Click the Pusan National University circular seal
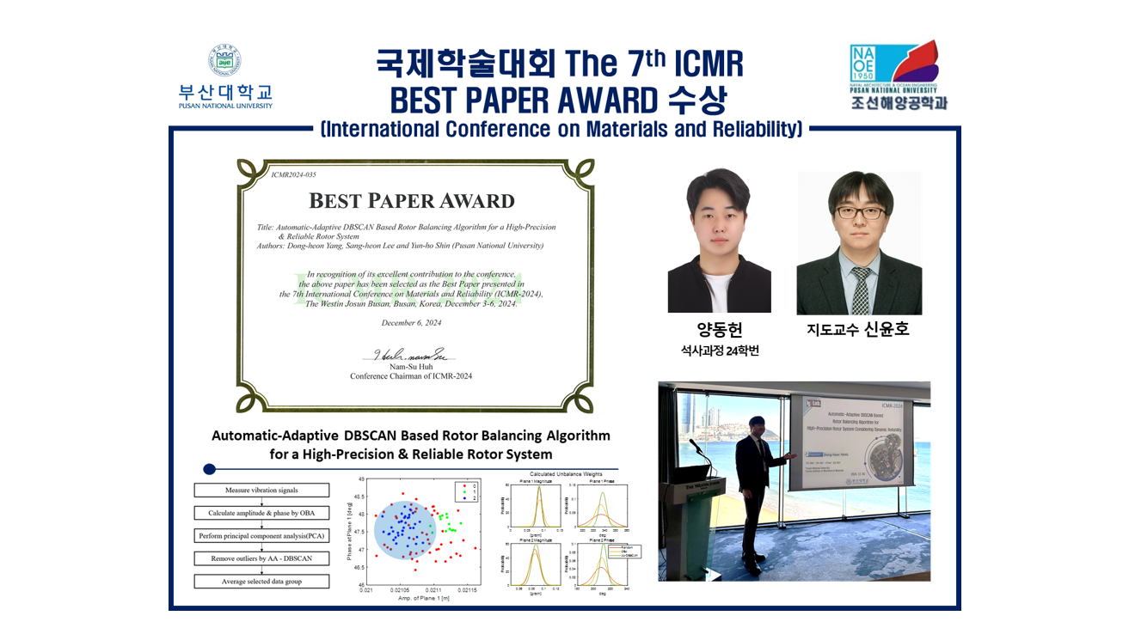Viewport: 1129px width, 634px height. [x=225, y=60]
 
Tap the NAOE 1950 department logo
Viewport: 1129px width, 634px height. [x=893, y=67]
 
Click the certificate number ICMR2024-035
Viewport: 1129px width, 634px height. [x=293, y=174]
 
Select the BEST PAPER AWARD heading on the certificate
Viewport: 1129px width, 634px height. [x=411, y=201]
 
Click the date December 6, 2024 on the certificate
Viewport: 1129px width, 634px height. [x=411, y=323]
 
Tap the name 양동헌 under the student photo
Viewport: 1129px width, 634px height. [x=720, y=330]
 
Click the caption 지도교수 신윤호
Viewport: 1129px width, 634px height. [x=858, y=330]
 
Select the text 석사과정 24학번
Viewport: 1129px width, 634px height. [x=720, y=351]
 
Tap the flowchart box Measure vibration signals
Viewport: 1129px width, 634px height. [x=261, y=491]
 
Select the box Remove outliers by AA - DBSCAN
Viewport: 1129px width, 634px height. [x=261, y=558]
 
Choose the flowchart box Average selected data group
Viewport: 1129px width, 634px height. [x=261, y=582]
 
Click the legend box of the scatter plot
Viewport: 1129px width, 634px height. [x=464, y=492]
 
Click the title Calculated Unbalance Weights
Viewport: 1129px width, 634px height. [x=566, y=474]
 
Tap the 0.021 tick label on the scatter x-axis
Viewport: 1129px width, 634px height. [x=366, y=590]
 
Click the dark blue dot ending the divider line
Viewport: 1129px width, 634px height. [x=209, y=469]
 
